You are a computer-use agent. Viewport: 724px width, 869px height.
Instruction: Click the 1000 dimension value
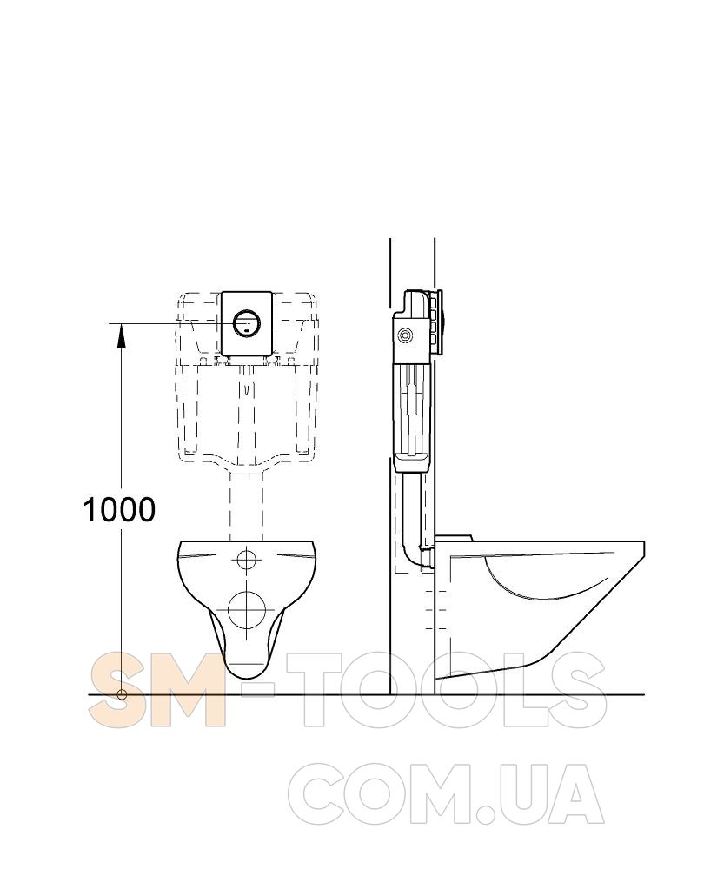point(118,509)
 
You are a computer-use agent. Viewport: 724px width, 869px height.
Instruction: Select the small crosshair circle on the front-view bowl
point(246,560)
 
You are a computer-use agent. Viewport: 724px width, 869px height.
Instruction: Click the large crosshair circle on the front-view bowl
point(247,609)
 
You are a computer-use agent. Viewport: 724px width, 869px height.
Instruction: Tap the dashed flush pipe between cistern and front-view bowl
point(246,504)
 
